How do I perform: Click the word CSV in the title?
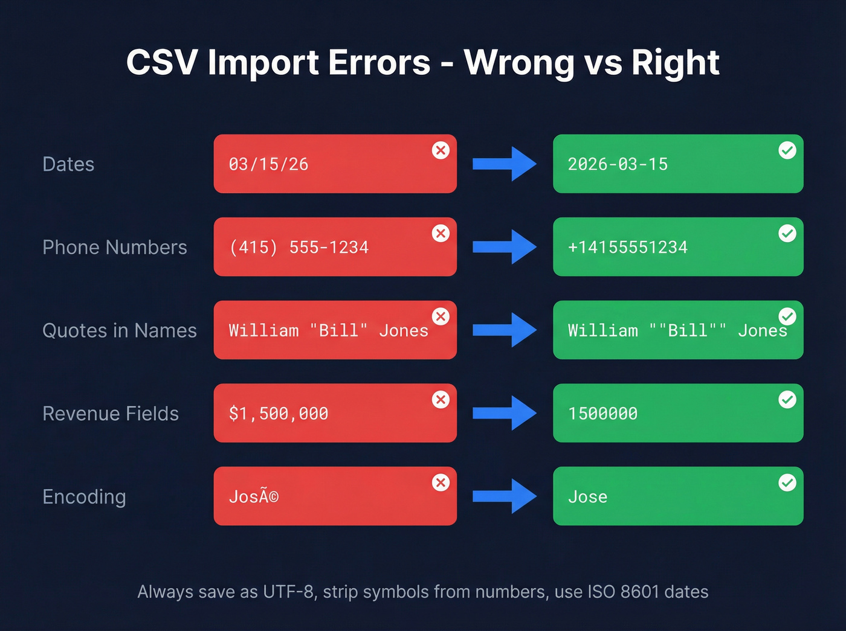pos(161,62)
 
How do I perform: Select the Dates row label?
pos(68,164)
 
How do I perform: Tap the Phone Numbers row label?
pos(115,247)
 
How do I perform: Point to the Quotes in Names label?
pos(120,330)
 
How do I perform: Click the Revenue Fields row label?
pos(111,414)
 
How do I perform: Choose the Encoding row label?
pos(84,497)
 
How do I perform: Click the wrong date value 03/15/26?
pos(268,164)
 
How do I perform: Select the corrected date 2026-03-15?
pos(618,164)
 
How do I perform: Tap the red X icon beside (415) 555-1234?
pos(441,234)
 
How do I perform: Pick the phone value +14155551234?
pos(627,247)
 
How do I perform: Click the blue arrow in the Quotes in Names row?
pos(504,330)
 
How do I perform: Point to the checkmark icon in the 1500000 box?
pos(787,400)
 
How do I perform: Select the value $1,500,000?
pos(279,414)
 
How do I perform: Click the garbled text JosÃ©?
pos(254,497)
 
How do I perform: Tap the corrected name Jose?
pos(587,497)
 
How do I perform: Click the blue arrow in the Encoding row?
pos(504,496)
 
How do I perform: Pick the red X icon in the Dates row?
pos(441,150)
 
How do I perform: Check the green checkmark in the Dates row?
pos(787,150)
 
